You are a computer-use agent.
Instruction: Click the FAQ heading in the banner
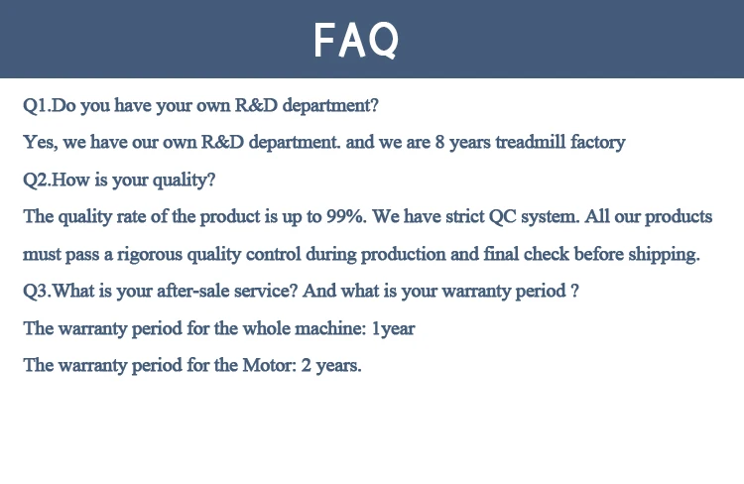click(356, 41)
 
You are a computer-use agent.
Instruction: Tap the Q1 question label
click(36, 105)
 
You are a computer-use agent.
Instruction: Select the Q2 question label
click(36, 180)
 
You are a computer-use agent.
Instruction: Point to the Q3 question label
click(36, 291)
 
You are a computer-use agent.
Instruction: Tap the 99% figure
click(346, 216)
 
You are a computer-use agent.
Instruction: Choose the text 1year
click(394, 328)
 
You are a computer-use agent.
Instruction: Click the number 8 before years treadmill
click(439, 142)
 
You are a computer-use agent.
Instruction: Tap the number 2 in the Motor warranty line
click(307, 365)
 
